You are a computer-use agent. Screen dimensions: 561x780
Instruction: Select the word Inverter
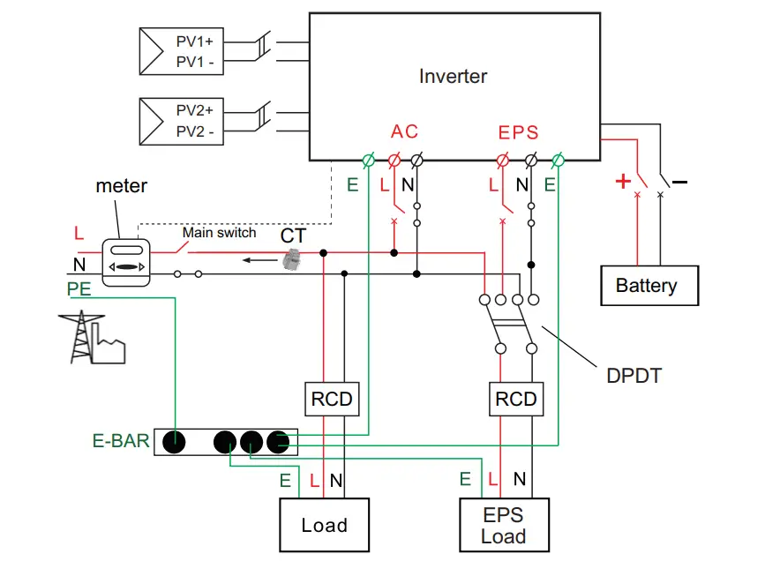click(453, 77)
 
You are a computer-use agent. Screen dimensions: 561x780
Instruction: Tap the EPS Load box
click(504, 526)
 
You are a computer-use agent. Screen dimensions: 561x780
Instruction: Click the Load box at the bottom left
click(324, 526)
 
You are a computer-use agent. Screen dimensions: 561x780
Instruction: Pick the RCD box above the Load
click(332, 400)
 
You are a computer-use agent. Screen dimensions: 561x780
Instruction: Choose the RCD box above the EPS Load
click(516, 400)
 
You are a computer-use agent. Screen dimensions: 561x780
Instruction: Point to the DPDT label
click(634, 376)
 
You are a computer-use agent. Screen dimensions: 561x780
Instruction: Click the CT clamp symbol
click(290, 258)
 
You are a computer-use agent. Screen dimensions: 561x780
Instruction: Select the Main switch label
click(219, 233)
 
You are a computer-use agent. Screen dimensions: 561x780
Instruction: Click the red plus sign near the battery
click(623, 182)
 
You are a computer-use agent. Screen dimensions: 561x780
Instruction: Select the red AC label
click(405, 132)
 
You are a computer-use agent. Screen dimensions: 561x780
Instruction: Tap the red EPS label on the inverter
click(518, 133)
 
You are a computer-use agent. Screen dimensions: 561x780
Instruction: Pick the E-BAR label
click(121, 440)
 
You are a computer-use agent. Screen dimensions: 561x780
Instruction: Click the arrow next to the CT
click(259, 260)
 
